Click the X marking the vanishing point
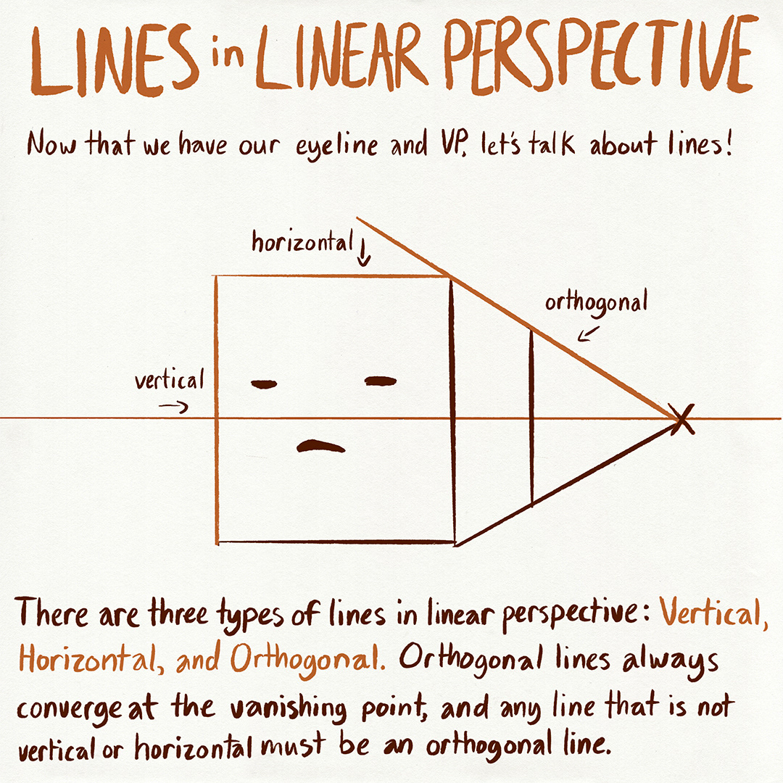click(681, 419)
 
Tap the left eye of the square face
click(264, 384)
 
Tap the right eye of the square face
click(381, 381)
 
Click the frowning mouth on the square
click(320, 447)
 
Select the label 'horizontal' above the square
click(302, 243)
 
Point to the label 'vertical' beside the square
click(170, 380)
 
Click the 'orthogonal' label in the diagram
click(595, 302)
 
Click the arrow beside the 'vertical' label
click(173, 407)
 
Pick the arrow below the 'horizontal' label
click(364, 257)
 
